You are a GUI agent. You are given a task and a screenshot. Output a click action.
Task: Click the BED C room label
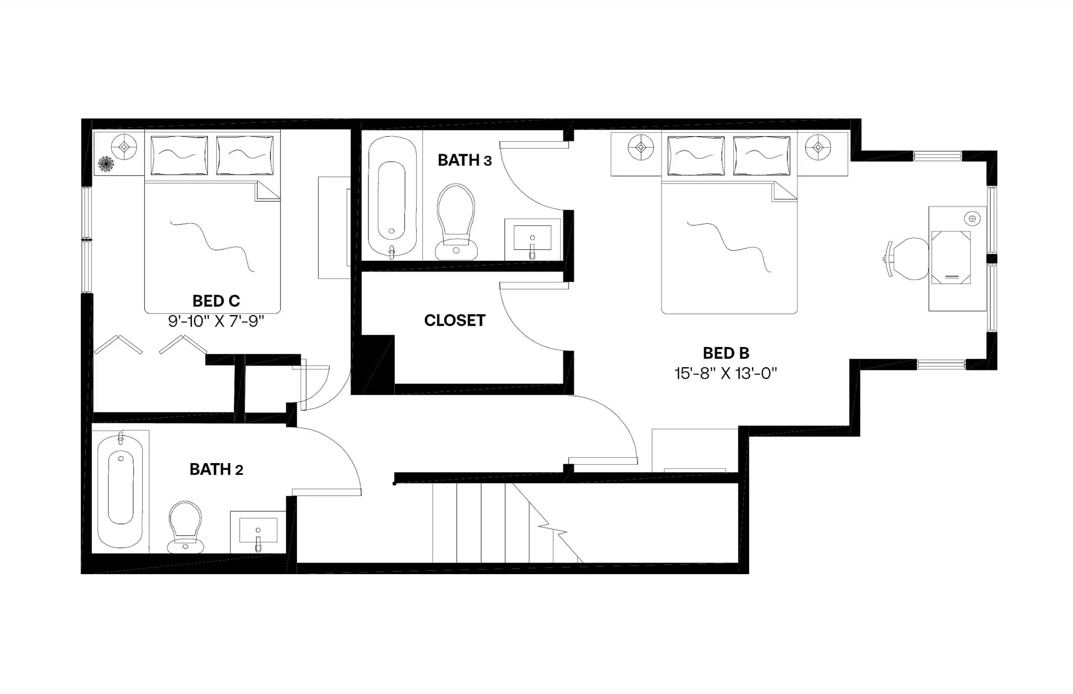pos(216,300)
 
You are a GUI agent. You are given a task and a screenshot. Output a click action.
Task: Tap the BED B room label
pos(726,353)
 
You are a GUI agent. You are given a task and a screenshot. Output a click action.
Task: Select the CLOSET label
pos(454,321)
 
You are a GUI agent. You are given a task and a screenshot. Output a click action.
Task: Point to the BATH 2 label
pos(216,469)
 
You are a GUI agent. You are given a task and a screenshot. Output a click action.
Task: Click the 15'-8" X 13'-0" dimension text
pos(726,373)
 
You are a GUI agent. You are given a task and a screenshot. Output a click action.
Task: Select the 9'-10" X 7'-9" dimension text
pos(216,321)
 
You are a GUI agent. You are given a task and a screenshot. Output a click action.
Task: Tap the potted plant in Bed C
pos(106,163)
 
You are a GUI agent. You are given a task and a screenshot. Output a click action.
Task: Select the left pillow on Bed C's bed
pos(179,155)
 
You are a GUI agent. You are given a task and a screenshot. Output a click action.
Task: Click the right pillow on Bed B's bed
pos(761,155)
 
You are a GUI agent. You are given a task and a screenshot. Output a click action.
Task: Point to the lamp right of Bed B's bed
pos(817,148)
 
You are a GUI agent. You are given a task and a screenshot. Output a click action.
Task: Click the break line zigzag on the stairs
pos(554,530)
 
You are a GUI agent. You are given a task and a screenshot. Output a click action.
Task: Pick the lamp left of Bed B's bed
pos(640,148)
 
